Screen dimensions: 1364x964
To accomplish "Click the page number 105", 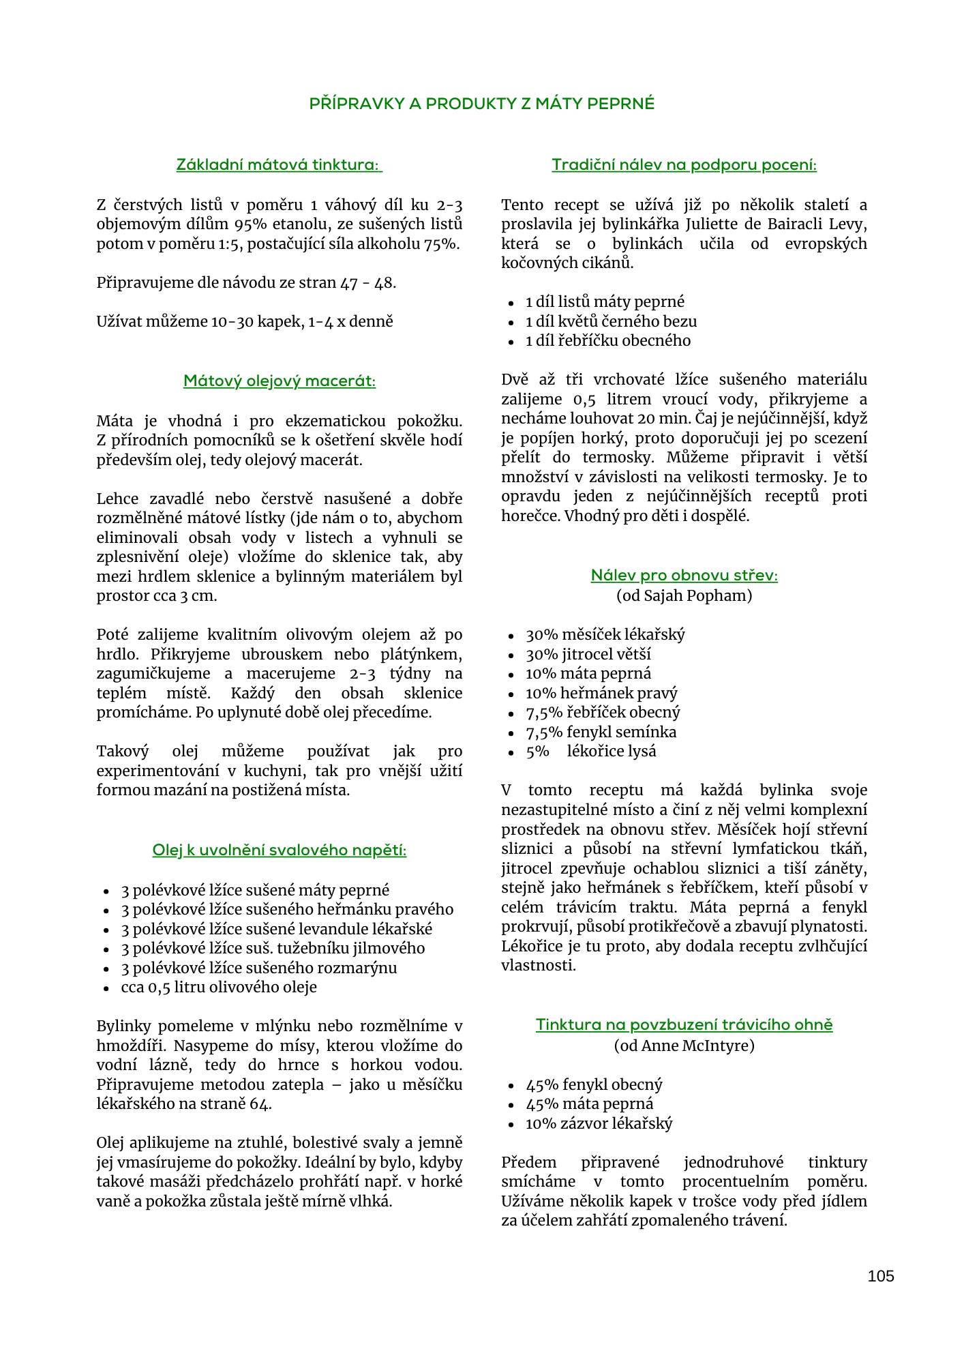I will click(x=880, y=1276).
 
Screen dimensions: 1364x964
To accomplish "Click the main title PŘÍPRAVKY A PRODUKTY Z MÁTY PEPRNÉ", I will click(x=482, y=104).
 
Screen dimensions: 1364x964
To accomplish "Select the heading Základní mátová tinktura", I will click(x=279, y=165).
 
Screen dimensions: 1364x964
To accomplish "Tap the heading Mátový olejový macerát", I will click(x=280, y=381).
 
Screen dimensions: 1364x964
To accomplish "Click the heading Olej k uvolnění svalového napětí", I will click(x=280, y=850).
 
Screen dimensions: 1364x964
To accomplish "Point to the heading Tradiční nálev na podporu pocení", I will click(x=684, y=165).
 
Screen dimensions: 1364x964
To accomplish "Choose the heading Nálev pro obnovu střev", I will click(x=684, y=576).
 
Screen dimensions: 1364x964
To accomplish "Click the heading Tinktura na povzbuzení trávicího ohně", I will click(x=684, y=1025).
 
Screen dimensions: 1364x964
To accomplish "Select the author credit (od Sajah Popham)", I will click(x=684, y=595).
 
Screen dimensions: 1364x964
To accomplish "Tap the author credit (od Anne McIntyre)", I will click(x=684, y=1046).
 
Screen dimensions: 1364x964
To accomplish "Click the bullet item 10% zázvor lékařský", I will click(x=599, y=1123).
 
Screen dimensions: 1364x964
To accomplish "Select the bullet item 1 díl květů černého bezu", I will click(x=611, y=321).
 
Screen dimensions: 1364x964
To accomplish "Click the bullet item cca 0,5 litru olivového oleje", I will click(x=219, y=987).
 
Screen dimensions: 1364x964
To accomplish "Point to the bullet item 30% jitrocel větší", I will click(x=588, y=654).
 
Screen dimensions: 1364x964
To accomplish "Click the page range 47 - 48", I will click(x=367, y=282).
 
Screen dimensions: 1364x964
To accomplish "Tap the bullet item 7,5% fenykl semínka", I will click(x=601, y=732).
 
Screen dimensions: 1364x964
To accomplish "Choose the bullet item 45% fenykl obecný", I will click(x=594, y=1084).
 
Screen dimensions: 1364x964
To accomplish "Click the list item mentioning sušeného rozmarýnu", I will click(x=259, y=968).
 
